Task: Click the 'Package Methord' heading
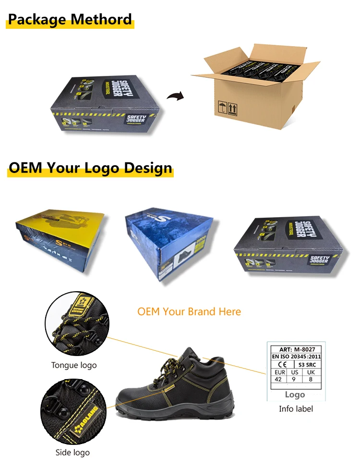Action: tap(70, 20)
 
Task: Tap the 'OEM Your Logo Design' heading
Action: tap(90, 168)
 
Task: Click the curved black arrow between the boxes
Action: tap(175, 96)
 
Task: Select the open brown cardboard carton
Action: tap(254, 86)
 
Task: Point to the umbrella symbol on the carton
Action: tap(222, 106)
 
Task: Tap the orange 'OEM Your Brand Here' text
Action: tap(189, 311)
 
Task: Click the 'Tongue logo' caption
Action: tap(74, 365)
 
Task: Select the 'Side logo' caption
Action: tap(72, 452)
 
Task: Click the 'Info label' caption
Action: tap(296, 409)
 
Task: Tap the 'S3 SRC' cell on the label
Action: tap(307, 365)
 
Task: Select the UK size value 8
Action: tap(311, 379)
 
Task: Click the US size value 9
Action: tap(295, 379)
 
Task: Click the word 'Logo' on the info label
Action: tap(295, 394)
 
